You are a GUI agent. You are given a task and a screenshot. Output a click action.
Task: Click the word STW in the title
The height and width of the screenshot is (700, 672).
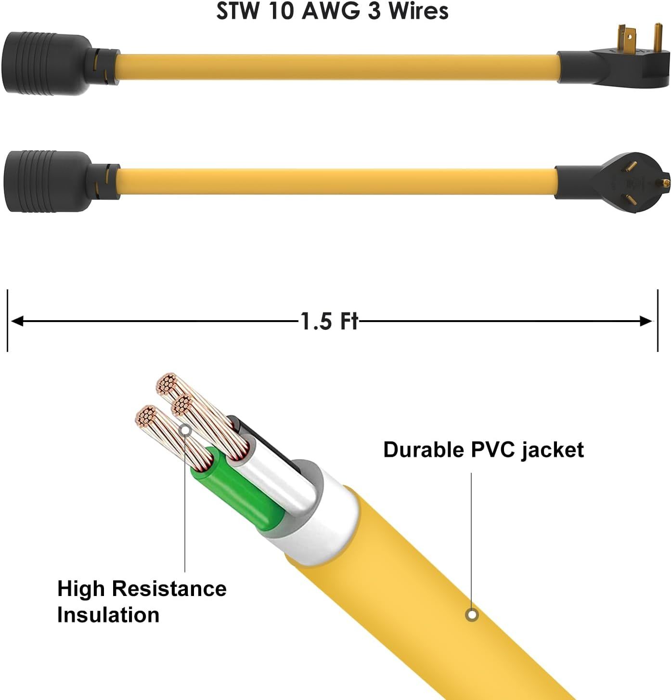tap(237, 11)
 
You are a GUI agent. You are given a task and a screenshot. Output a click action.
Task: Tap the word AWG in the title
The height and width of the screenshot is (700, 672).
tap(331, 11)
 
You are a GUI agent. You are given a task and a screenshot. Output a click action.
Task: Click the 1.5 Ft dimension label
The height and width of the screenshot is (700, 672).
tap(329, 321)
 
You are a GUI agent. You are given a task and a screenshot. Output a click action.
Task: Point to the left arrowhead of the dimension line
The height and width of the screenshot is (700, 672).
tap(17, 321)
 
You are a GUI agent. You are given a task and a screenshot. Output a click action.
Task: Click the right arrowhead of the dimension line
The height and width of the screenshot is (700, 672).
tap(646, 321)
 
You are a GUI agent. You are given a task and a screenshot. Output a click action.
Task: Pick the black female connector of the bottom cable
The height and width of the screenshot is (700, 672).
tap(61, 181)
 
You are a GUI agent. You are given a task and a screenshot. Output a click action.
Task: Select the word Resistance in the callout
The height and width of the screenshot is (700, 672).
tap(169, 588)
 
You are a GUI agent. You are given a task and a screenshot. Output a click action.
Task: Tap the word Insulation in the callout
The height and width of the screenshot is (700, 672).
tap(108, 615)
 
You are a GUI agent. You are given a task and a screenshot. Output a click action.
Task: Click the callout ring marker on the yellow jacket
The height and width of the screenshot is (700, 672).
tap(472, 615)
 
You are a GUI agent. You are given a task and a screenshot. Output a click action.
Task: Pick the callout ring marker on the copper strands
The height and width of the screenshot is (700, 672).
tap(185, 430)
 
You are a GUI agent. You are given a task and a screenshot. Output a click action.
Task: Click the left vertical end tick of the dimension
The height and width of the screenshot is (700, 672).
tap(7, 320)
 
